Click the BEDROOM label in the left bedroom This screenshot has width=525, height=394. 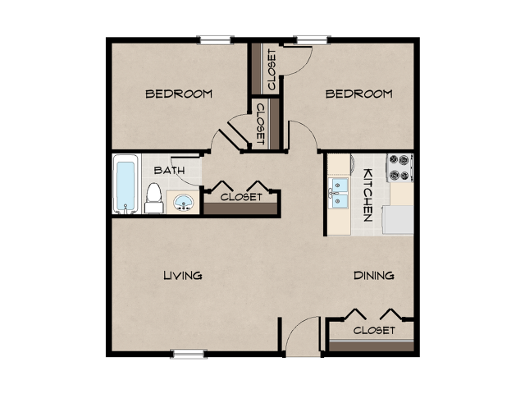(x=179, y=94)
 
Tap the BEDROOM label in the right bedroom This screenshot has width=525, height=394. (x=358, y=94)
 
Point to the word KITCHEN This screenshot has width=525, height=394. (x=368, y=195)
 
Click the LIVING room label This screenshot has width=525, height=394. (x=182, y=275)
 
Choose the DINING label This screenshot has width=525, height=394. (x=373, y=275)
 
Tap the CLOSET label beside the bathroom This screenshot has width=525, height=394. (x=241, y=197)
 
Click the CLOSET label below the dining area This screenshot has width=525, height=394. (x=374, y=330)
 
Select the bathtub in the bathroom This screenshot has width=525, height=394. (x=125, y=184)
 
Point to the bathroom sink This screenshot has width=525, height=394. (x=182, y=201)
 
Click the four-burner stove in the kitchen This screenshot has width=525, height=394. (x=399, y=167)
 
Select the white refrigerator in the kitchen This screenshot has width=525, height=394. (x=399, y=219)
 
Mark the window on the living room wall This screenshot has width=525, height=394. (x=188, y=354)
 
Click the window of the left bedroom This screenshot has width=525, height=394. (x=215, y=39)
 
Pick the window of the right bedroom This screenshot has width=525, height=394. (x=312, y=39)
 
